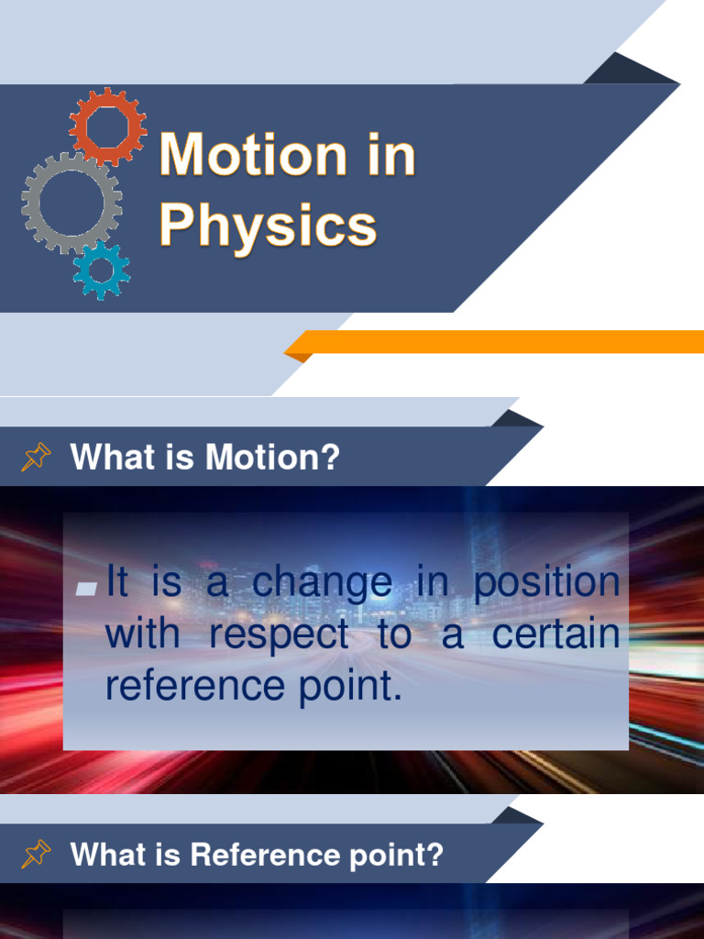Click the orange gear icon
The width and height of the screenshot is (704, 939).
tap(107, 126)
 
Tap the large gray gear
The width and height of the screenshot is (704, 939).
tap(71, 203)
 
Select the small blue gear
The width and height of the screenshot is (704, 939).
tap(102, 271)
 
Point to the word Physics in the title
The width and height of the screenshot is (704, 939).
tap(268, 224)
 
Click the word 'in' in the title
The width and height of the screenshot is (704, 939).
tap(393, 155)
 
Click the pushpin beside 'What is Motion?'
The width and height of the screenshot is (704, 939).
tap(36, 457)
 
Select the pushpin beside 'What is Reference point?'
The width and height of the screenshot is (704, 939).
tap(36, 855)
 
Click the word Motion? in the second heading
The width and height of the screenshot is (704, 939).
tap(272, 458)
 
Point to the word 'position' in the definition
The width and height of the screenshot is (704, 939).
tap(546, 584)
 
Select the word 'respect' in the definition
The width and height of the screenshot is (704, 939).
tap(279, 635)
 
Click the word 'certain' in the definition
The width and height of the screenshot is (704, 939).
tap(556, 635)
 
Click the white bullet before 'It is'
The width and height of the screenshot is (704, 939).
tap(87, 588)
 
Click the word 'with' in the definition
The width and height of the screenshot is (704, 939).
tap(142, 635)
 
